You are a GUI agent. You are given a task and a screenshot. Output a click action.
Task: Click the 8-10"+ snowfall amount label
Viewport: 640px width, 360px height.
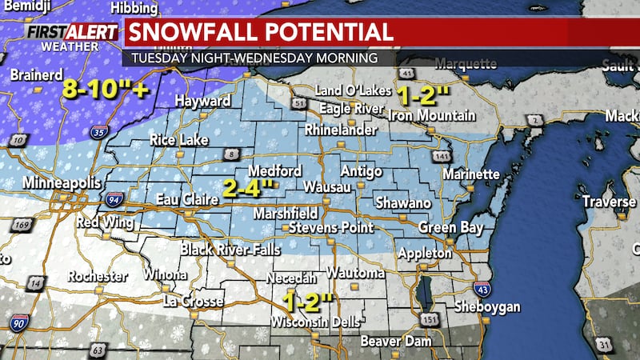pyautogui.click(x=106, y=90)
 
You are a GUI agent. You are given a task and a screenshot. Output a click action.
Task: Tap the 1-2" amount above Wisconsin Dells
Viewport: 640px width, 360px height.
pyautogui.click(x=308, y=302)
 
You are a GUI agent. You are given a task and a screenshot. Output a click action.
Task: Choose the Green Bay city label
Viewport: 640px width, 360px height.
pyautogui.click(x=451, y=228)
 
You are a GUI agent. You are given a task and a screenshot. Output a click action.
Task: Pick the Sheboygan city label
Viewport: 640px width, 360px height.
pyautogui.click(x=486, y=307)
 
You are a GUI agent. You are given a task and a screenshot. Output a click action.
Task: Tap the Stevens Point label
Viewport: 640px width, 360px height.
pyautogui.click(x=330, y=228)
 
